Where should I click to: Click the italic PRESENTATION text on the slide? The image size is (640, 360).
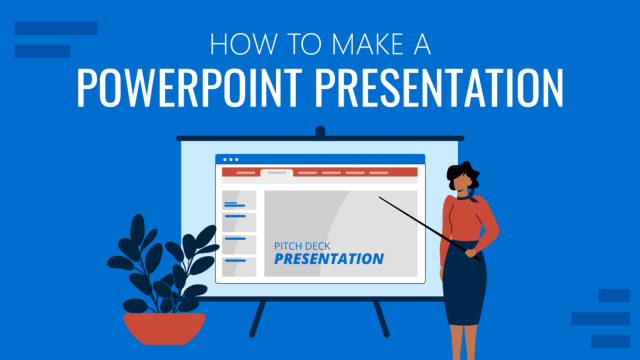329,258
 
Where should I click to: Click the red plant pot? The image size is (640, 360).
164,326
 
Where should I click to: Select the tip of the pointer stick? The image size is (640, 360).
380,198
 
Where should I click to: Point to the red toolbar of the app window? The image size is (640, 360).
320,172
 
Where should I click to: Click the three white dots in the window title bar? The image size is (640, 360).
231,160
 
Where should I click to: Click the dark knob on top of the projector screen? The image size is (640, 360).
320,131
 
